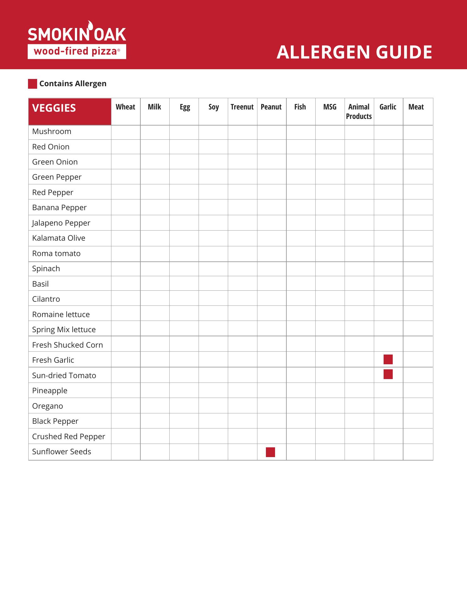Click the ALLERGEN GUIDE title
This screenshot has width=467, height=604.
[354, 52]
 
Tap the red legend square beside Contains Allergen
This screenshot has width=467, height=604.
[32, 84]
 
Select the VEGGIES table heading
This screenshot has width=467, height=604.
[54, 108]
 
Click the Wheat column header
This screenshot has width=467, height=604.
[125, 107]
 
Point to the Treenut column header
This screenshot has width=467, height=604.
[242, 107]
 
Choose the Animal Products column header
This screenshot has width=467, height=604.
[359, 112]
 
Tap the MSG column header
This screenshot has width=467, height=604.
[329, 107]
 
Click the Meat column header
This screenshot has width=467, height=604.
[416, 107]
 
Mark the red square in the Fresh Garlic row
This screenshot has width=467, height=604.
[388, 359]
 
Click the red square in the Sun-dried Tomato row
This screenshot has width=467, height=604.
[388, 374]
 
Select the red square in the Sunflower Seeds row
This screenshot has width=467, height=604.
[270, 452]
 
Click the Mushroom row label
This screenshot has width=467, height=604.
[52, 131]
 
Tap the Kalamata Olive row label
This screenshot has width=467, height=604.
[59, 238]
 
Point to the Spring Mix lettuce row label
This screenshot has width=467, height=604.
[64, 330]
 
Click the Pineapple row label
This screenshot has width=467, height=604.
[50, 391]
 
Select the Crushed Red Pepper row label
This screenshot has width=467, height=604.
[69, 437]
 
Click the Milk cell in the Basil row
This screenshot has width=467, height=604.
[155, 284]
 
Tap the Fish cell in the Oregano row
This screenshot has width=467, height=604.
[301, 406]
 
